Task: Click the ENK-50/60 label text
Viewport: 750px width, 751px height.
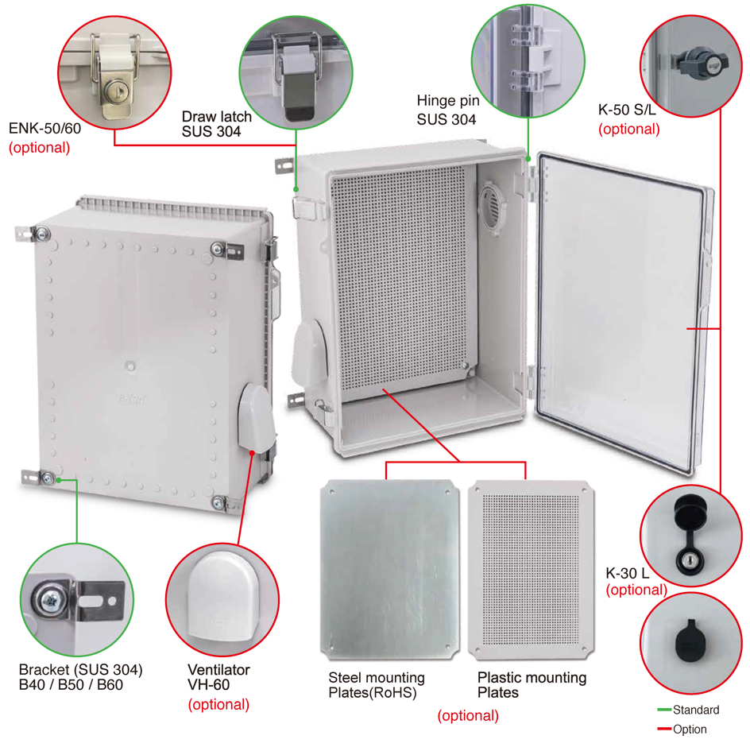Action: (44, 129)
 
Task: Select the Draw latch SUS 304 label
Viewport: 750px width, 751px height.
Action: (216, 123)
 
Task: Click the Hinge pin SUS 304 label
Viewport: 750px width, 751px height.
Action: (448, 110)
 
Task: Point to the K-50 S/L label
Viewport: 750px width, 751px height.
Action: (627, 110)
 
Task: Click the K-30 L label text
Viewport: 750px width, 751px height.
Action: (628, 573)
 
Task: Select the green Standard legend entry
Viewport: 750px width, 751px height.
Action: (689, 710)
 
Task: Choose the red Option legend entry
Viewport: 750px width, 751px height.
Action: (682, 730)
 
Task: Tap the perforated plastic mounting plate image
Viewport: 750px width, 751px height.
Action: (532, 570)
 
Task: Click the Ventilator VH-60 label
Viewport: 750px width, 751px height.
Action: (218, 677)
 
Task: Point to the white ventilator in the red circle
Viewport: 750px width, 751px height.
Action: (223, 598)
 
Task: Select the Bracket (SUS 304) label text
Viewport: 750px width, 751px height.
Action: (80, 670)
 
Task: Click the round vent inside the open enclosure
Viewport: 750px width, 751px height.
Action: (492, 207)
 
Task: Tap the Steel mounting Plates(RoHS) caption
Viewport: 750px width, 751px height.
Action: (377, 685)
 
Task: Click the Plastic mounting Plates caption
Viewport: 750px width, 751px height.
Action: (532, 685)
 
